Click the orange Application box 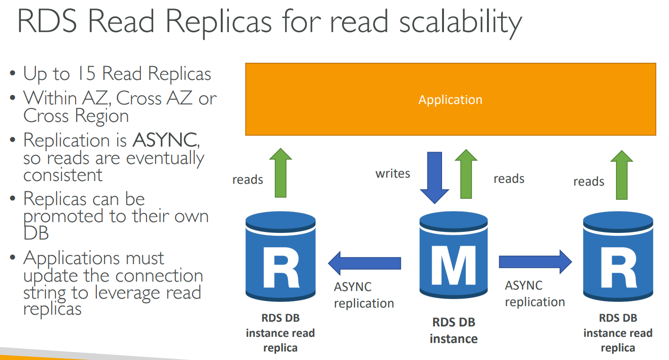450,99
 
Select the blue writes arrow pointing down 434,177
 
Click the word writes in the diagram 393,173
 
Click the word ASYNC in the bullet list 165,140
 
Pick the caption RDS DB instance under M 454,331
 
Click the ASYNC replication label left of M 364,295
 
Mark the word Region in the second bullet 102,116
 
